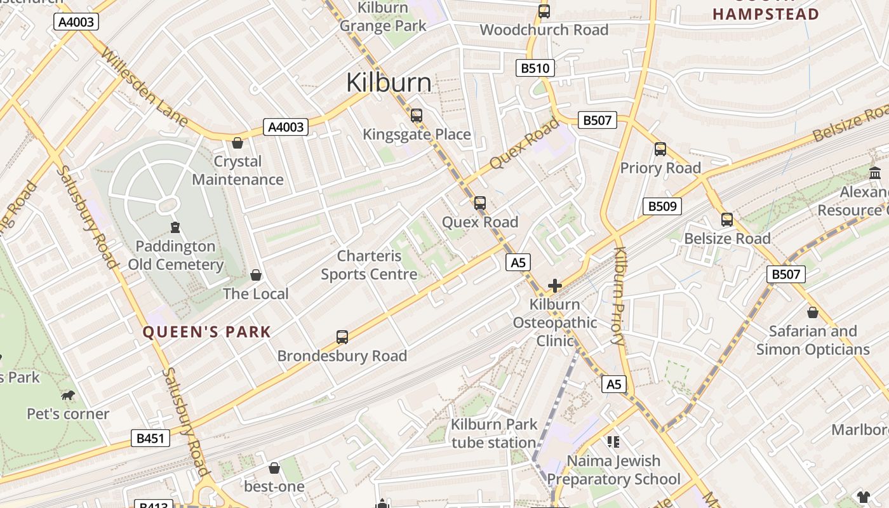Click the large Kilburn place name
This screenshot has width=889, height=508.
[x=389, y=83]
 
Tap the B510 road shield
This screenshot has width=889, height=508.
[x=535, y=68]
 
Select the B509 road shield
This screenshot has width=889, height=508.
[x=662, y=206]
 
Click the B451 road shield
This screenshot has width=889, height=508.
[x=150, y=438]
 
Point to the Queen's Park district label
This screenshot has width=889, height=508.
[x=206, y=331]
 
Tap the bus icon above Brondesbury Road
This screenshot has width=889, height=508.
[x=342, y=337]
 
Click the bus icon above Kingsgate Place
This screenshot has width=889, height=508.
[x=417, y=116]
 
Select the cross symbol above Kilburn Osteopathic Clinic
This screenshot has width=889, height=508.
[x=554, y=286]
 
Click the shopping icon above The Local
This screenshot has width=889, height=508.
[x=256, y=275]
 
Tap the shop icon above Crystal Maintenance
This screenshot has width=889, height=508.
[x=237, y=143]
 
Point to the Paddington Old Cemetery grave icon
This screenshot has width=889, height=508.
[x=175, y=227]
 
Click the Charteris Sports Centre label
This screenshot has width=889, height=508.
[x=369, y=265]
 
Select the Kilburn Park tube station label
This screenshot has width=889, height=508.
[x=494, y=433]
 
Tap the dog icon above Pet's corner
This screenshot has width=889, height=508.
[x=68, y=396]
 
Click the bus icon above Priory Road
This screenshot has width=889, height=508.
[x=660, y=149]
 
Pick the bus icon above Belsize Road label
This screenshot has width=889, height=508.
[x=727, y=220]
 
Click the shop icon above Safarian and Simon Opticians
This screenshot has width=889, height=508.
[x=812, y=312]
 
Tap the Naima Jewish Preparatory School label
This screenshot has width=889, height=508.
[x=613, y=470]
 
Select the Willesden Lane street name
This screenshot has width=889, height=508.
[x=144, y=88]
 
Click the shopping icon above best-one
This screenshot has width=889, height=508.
[x=274, y=468]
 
